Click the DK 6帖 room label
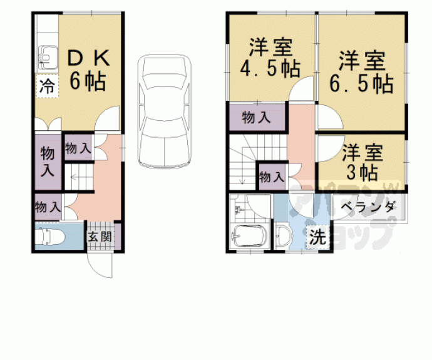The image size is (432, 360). click(88, 69)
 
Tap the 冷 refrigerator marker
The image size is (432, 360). click(47, 86)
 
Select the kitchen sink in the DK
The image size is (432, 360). click(48, 58)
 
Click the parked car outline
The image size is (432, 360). click(165, 111)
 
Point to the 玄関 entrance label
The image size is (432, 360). click(100, 236)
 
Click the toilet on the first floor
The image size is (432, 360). click(50, 236)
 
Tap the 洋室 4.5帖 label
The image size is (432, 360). click(270, 58)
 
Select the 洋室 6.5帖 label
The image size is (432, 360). click(361, 71)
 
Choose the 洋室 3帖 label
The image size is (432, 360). click(362, 163)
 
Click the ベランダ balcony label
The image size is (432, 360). click(369, 207)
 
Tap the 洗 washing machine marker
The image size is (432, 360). click(317, 237)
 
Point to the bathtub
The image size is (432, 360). click(250, 236)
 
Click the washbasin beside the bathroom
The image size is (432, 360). click(284, 236)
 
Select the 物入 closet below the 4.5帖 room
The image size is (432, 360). click(256, 118)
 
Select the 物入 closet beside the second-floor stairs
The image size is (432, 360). click(272, 177)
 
